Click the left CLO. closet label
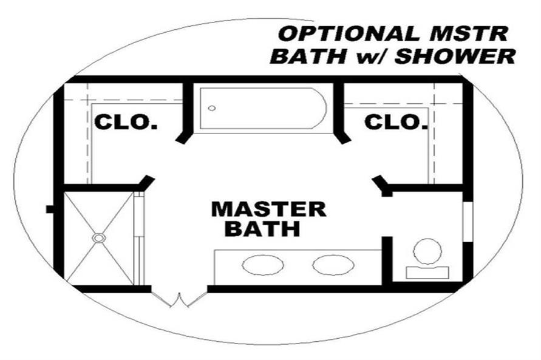pos(126,123)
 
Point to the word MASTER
pos(268,209)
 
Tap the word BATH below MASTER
pos(262,230)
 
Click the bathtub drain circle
pos(212,108)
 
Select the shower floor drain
pos(98,238)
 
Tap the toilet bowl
pos(428,251)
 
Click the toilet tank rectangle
pos(427,273)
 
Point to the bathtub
pos(264,109)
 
